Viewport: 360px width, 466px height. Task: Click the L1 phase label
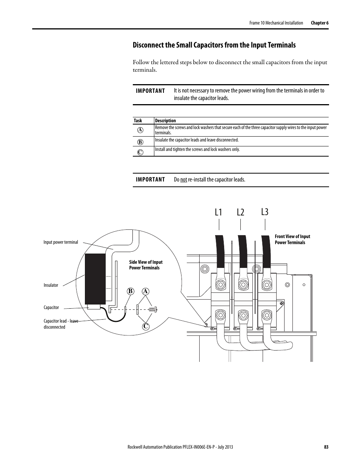[218, 212]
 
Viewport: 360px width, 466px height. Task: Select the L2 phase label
[241, 212]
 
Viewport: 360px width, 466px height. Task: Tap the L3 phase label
[265, 212]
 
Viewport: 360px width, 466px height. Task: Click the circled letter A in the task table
[140, 130]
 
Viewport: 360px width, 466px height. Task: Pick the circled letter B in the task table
[140, 142]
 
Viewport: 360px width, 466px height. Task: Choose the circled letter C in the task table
[140, 152]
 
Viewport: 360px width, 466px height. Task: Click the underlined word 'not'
[183, 180]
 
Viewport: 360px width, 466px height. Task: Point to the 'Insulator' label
[51, 285]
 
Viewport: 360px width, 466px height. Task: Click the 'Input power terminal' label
[61, 242]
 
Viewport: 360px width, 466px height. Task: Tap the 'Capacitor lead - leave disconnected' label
[61, 324]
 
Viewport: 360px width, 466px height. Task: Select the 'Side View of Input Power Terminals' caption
[146, 265]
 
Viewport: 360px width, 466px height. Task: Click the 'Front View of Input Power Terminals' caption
[292, 240]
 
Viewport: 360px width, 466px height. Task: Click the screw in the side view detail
[152, 310]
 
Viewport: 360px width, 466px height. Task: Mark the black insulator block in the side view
[95, 278]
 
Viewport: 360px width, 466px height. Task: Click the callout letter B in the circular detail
[131, 291]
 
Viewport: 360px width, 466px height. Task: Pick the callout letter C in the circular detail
[145, 326]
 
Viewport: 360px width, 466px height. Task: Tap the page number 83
[326, 447]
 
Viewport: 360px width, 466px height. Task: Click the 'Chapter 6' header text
[320, 23]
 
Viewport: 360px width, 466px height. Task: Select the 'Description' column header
[165, 121]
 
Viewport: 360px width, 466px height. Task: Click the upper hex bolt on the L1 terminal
[220, 283]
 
